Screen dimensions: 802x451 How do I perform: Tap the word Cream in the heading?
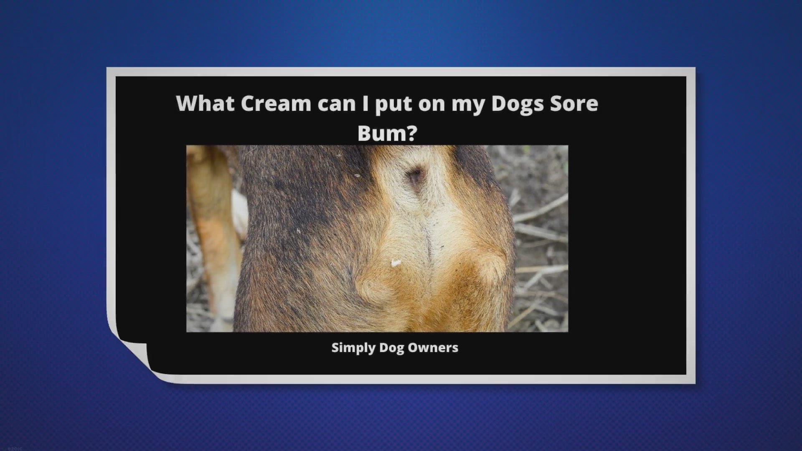[276, 104]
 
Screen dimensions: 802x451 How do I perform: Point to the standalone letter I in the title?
[365, 103]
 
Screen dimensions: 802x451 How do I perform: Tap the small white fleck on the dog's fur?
[395, 263]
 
